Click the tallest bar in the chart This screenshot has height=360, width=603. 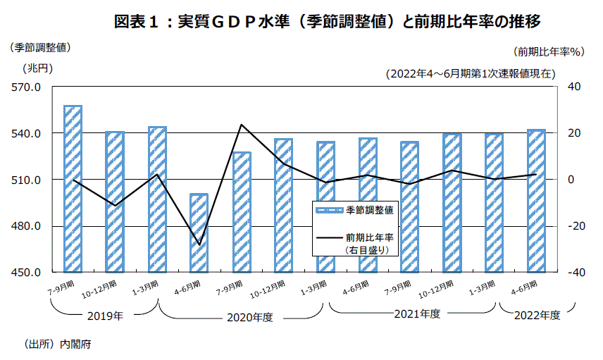pos(73,189)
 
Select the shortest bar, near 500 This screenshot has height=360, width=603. pos(199,232)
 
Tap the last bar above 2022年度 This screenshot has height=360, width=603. pos(537,201)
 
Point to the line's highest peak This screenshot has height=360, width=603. pos(242,125)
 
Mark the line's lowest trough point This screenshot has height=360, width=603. pos(199,245)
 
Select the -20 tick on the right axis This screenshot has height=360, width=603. pos(571,226)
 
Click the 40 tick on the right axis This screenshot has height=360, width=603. pos(573,87)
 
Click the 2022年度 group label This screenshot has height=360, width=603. pos(537,316)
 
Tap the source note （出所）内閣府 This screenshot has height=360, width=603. pos(58,345)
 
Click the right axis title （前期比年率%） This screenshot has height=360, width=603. pos(547,51)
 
